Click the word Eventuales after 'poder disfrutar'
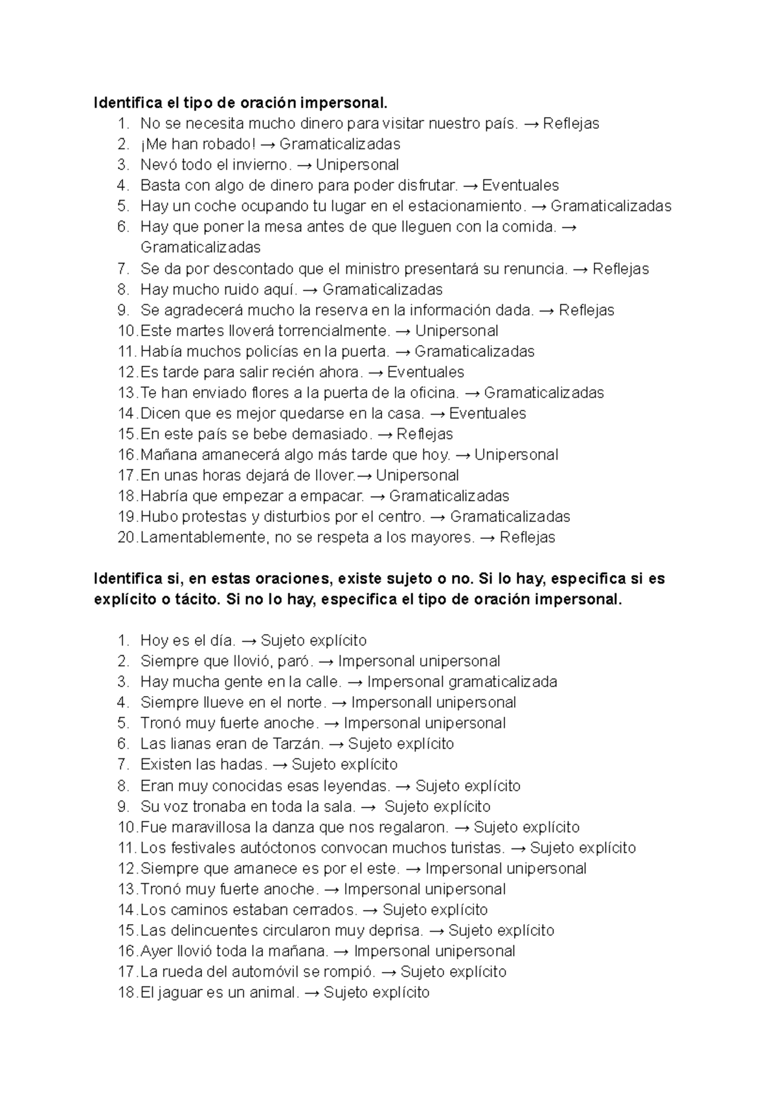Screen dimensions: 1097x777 click(x=520, y=185)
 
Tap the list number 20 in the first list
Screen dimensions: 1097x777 click(x=128, y=537)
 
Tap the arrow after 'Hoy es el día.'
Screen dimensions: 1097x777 click(x=249, y=640)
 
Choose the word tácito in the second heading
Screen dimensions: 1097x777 click(x=197, y=599)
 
